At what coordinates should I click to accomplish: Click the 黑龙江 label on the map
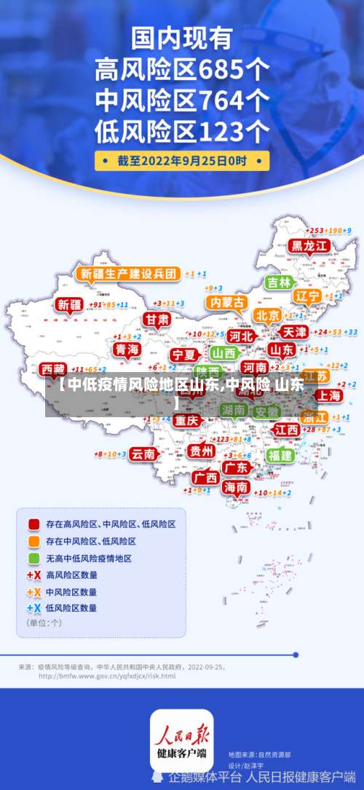(310, 246)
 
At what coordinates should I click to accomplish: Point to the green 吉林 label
(279, 282)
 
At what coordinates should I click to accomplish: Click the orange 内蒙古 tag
(226, 301)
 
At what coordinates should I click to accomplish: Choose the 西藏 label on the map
(52, 369)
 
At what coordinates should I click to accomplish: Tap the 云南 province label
(143, 454)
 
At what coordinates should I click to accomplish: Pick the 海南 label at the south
(235, 487)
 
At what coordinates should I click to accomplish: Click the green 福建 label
(280, 456)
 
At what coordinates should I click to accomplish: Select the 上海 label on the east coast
(329, 395)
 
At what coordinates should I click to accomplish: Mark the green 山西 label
(224, 353)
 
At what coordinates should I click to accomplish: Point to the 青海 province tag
(127, 350)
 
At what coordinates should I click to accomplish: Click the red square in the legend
(33, 524)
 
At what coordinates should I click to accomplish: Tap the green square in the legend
(33, 558)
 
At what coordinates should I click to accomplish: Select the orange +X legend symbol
(33, 592)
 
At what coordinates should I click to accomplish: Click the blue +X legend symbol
(33, 608)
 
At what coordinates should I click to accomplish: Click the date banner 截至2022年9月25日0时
(182, 160)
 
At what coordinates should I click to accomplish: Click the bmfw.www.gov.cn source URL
(106, 676)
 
